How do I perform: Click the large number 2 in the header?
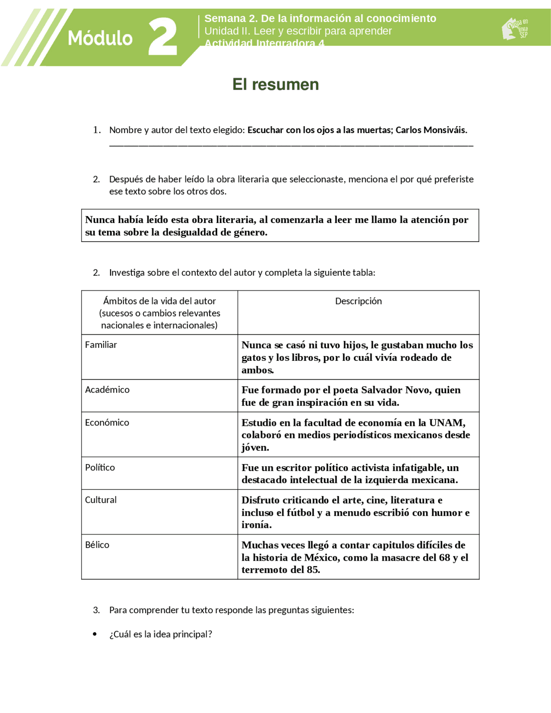click(163, 37)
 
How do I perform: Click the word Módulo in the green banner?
click(100, 38)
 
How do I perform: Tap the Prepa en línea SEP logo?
click(515, 29)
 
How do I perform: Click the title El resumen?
click(275, 84)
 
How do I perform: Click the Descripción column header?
click(358, 301)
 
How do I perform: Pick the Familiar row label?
click(101, 344)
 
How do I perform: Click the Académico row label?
click(107, 390)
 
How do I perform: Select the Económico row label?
click(107, 422)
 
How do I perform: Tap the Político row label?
click(100, 467)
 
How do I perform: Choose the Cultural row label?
click(101, 500)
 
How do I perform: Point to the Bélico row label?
click(97, 545)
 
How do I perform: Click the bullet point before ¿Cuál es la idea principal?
click(95, 634)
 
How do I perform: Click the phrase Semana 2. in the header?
click(231, 19)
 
